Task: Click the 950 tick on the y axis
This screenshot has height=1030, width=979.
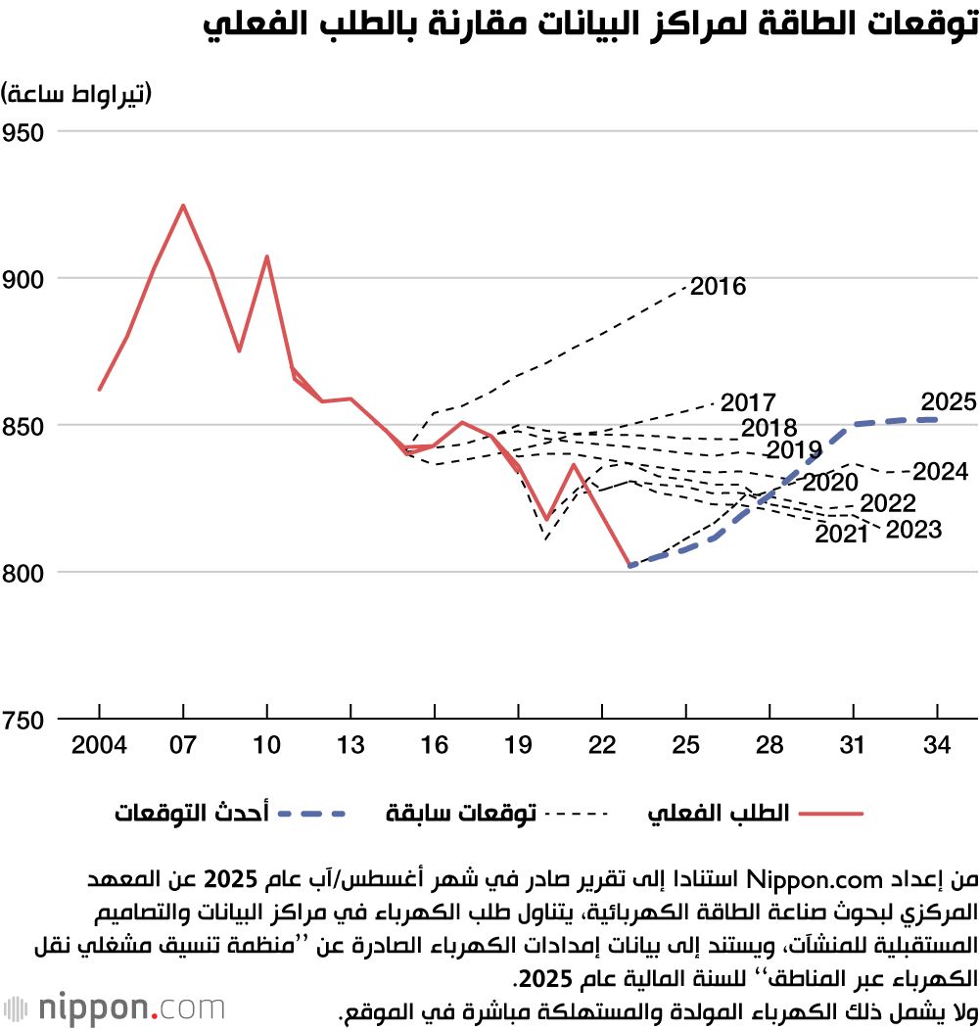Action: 28,131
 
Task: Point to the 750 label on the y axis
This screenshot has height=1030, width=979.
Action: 28,720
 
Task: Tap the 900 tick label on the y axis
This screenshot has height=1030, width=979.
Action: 28,278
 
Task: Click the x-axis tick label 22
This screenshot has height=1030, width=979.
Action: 603,746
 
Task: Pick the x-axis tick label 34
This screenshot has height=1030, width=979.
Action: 937,746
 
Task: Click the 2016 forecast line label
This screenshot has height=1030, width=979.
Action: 718,287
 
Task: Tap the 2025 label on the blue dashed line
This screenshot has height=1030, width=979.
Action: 949,402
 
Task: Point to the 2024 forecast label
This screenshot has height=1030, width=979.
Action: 940,472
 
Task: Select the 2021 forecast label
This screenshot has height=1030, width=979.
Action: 841,535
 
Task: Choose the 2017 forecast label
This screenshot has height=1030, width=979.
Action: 748,402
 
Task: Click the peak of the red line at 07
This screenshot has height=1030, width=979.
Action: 182,206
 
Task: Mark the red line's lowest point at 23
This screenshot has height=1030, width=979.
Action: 630,565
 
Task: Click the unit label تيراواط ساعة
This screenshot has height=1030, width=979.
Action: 78,94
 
